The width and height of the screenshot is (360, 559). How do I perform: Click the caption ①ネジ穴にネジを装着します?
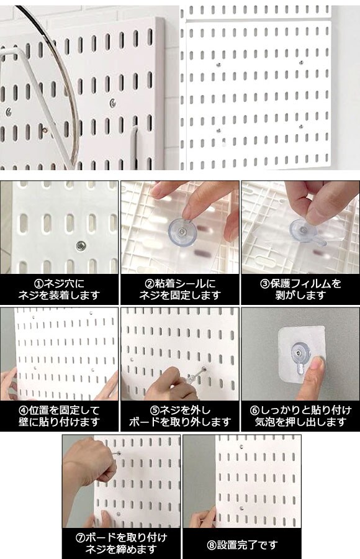pos(59,289)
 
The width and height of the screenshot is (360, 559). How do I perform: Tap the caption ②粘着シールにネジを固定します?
pos(180,289)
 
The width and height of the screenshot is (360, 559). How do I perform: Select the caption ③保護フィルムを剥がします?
pos(300,289)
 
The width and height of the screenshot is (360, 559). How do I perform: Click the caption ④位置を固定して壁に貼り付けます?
pos(59,416)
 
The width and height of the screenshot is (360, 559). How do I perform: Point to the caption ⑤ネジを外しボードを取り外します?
pos(180,416)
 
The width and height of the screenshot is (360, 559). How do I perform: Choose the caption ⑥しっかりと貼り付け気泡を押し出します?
pos(300,416)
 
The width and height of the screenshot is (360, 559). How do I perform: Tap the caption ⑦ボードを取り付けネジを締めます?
pos(121,543)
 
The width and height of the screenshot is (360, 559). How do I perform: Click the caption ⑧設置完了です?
pos(242,545)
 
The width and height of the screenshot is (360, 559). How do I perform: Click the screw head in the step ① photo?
pos(81,245)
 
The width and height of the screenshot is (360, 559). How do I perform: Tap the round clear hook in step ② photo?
pos(182,232)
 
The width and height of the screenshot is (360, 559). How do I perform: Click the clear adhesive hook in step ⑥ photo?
pos(301,357)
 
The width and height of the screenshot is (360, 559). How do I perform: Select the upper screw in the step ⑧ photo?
pos(241,447)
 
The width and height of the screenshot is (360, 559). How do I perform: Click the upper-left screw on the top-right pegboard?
pos(219,65)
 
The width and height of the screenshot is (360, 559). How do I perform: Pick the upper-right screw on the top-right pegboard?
pos(301,63)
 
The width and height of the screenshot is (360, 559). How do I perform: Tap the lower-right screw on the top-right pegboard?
pos(301,126)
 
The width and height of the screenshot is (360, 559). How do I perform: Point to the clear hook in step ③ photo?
pos(306,231)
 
